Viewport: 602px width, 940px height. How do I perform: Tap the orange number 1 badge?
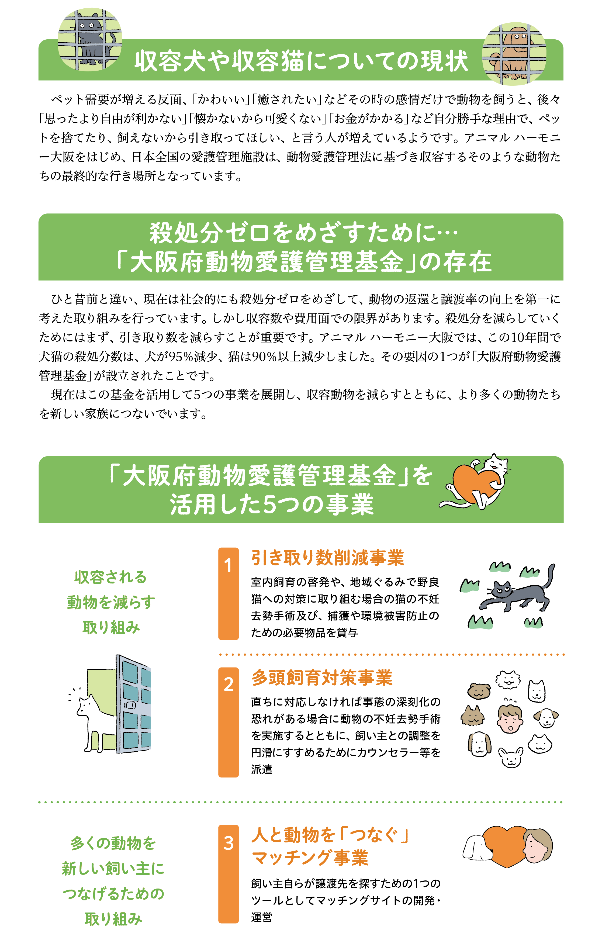click(x=228, y=593)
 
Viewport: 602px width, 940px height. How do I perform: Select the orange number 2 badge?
click(x=228, y=722)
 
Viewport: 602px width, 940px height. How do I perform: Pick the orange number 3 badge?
click(x=228, y=873)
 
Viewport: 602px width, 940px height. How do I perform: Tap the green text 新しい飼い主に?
click(x=113, y=869)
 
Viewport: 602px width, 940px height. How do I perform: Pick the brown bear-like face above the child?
click(x=479, y=691)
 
